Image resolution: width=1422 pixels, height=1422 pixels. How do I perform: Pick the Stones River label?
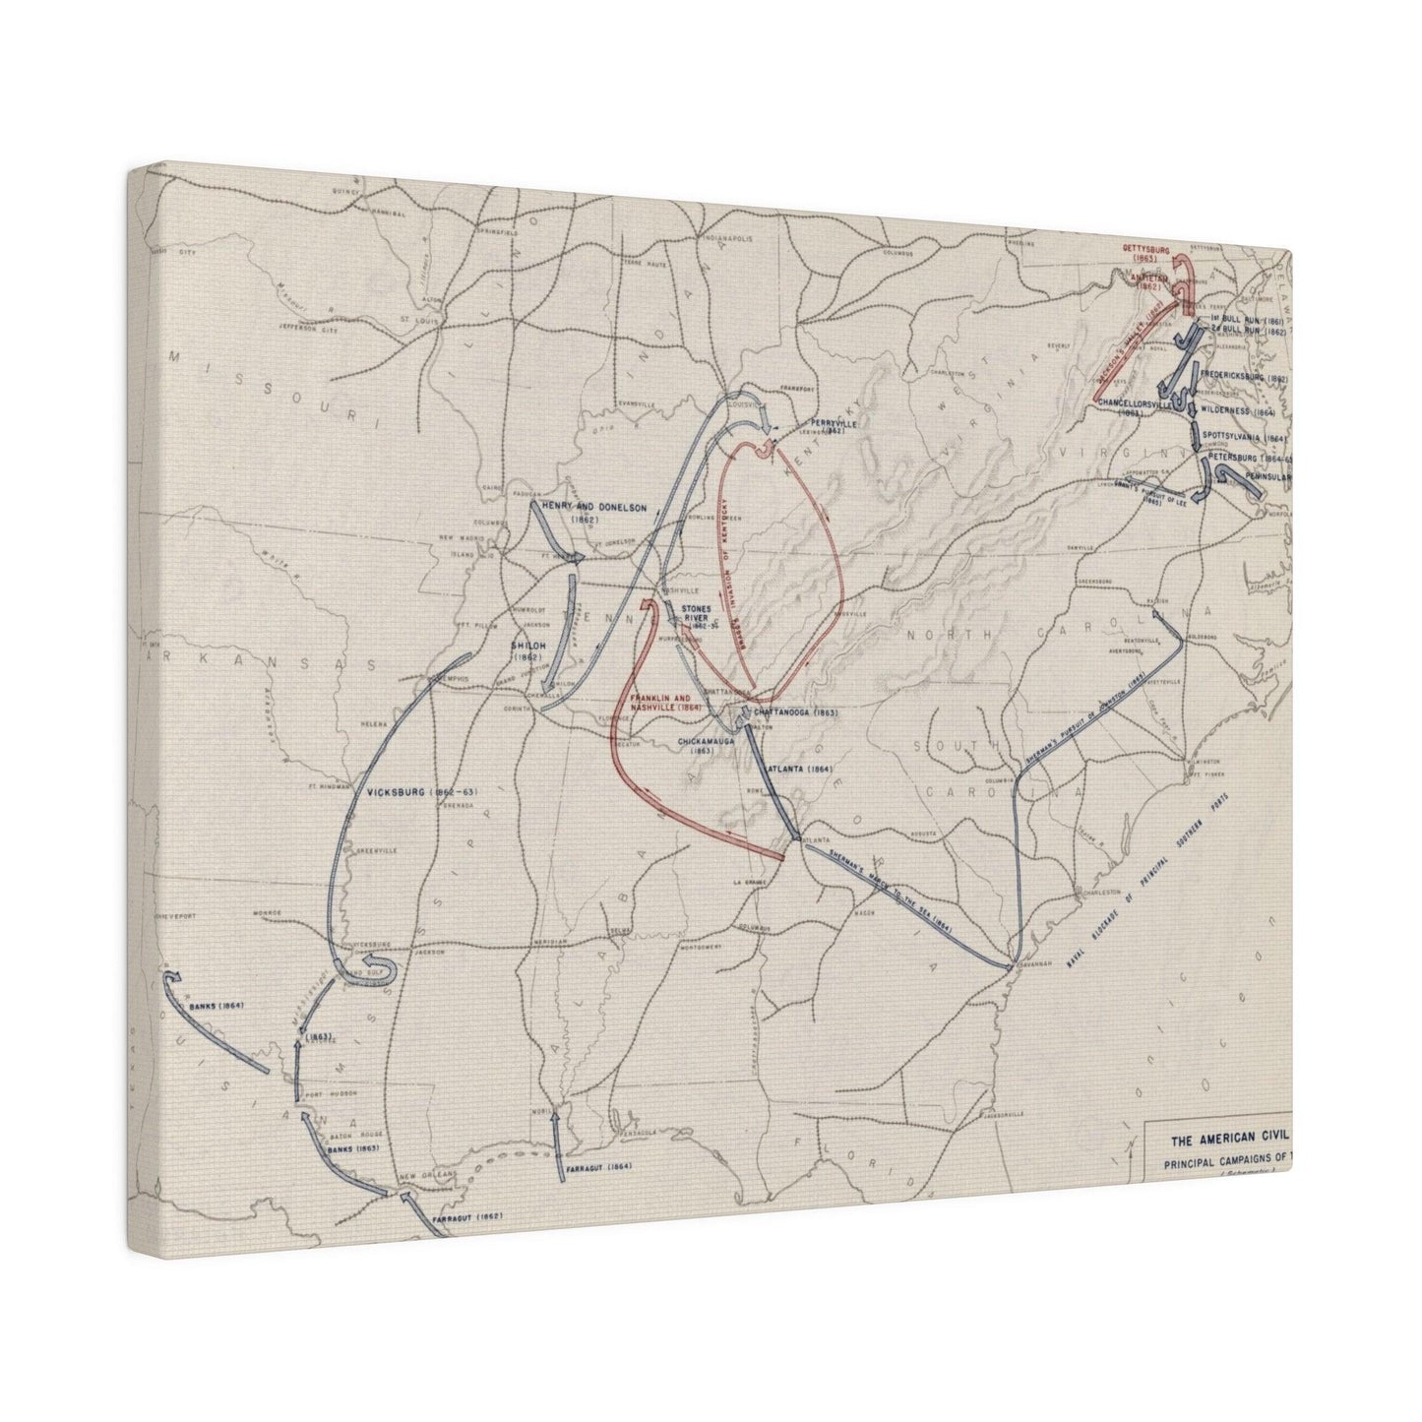[x=695, y=616]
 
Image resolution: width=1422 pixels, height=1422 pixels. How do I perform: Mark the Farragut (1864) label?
[x=598, y=1167]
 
